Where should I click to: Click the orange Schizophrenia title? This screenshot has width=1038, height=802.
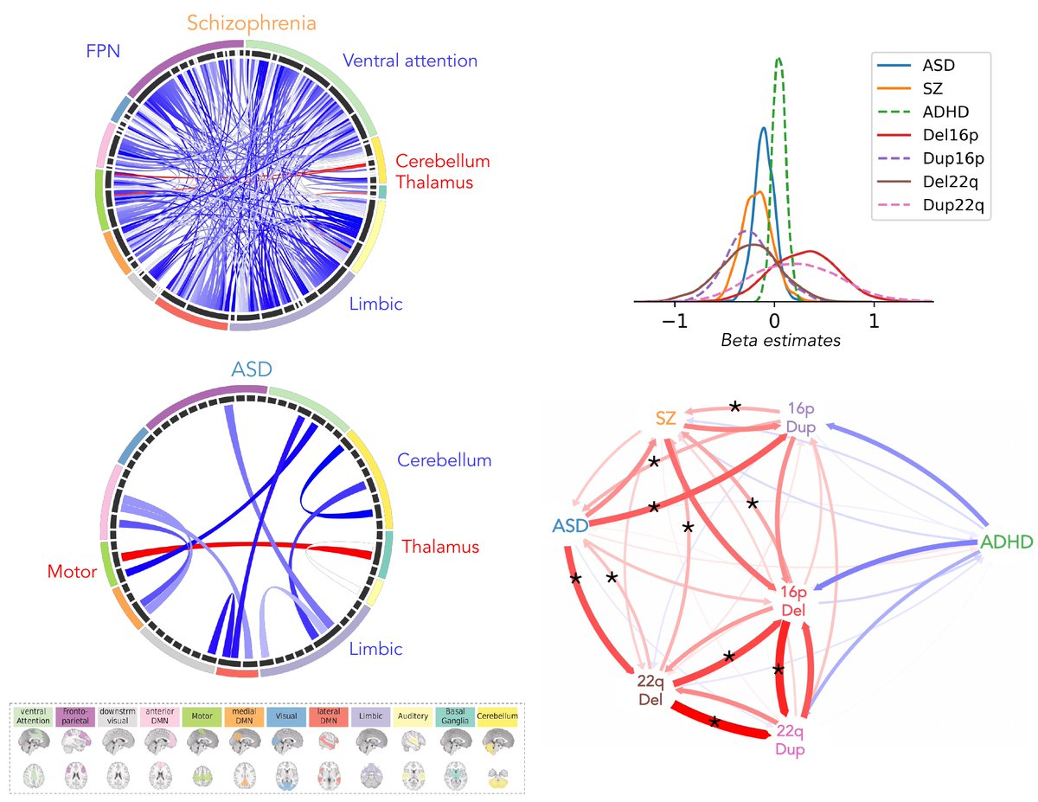pos(251,23)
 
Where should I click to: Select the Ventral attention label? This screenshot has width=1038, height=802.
pos(410,61)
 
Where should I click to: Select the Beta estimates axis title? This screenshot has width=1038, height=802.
pos(780,341)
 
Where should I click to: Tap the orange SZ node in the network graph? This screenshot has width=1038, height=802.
pos(665,419)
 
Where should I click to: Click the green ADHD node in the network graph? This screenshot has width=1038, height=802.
pos(1006,542)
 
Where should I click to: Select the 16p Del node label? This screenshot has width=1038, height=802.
pos(792,601)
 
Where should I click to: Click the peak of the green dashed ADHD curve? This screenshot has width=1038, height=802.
pos(779,59)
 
